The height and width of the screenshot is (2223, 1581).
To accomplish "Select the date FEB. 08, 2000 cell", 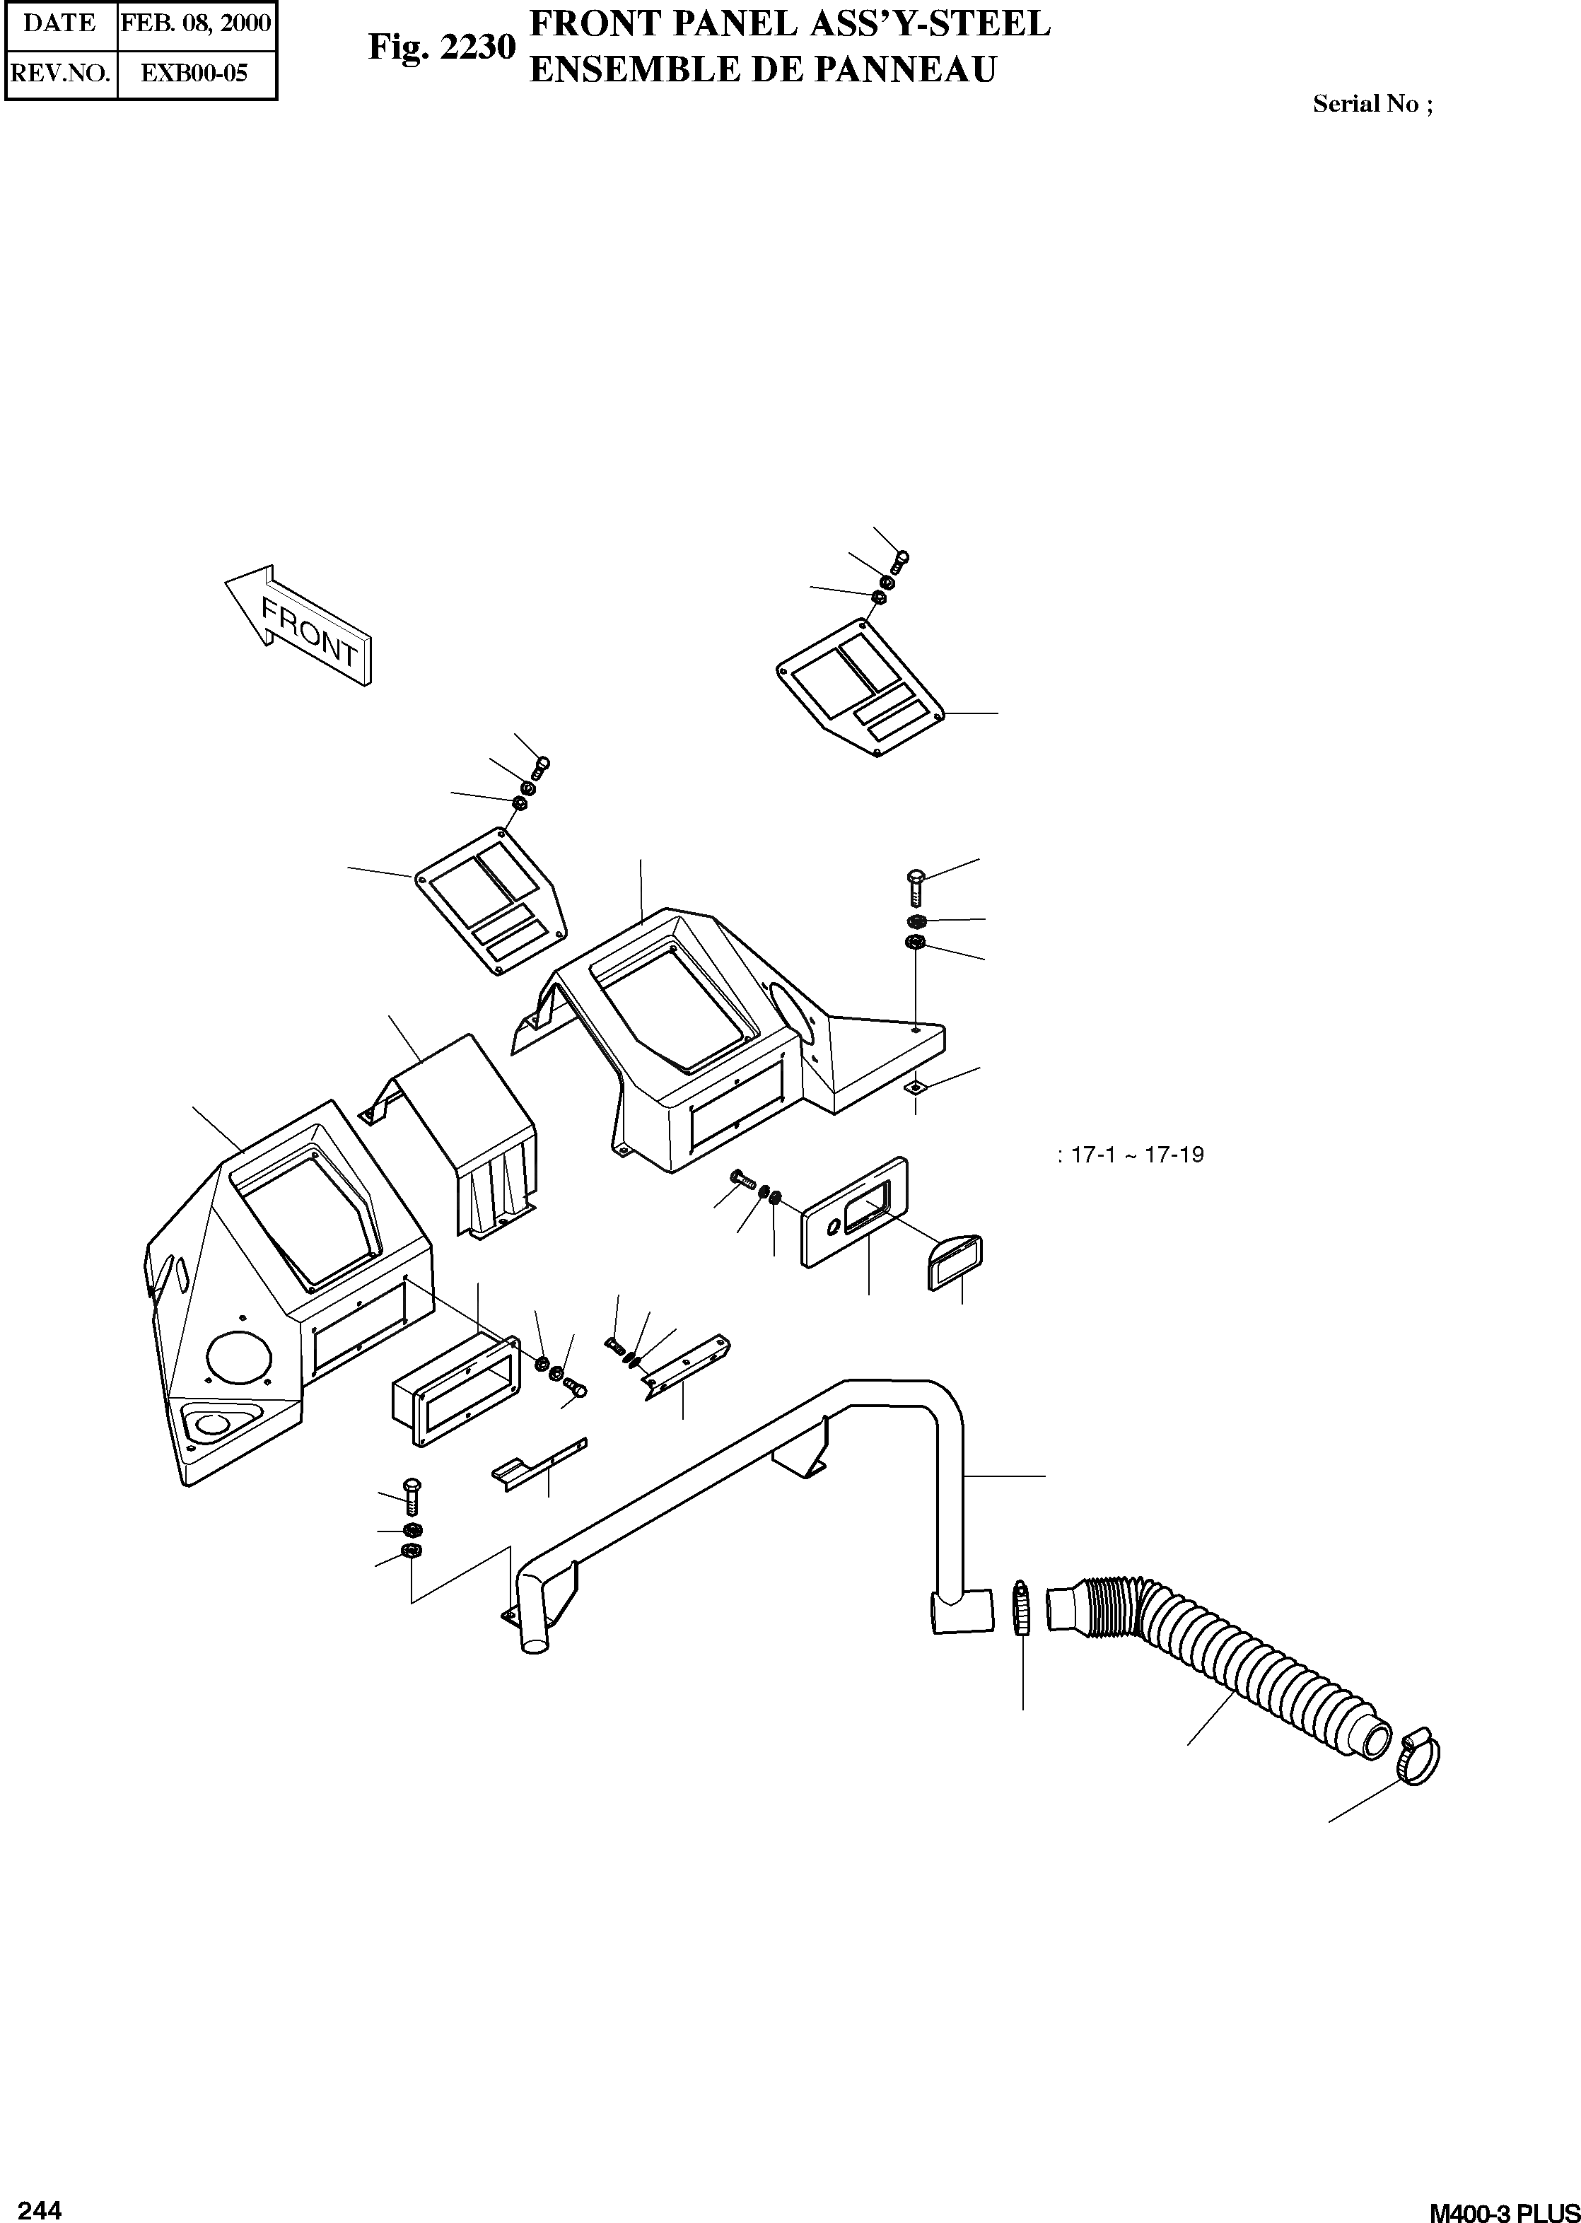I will (196, 23).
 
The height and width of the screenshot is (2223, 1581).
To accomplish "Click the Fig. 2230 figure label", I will (441, 46).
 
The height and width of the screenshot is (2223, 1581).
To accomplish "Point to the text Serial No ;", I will (1372, 104).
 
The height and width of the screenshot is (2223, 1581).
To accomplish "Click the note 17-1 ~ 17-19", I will (1131, 1155).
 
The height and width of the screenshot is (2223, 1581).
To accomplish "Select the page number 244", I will (40, 2184).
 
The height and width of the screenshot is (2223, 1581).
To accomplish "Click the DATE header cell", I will (60, 23).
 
